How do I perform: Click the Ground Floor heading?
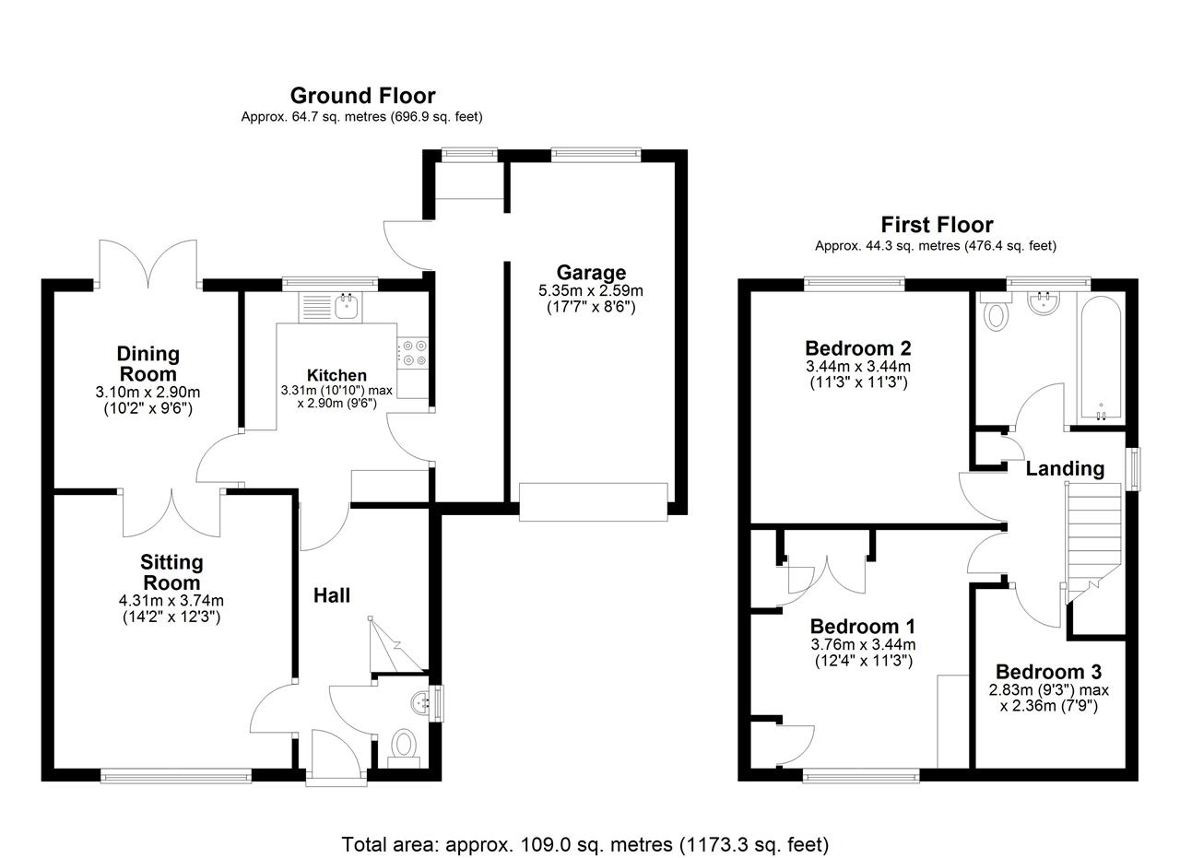coord(363,96)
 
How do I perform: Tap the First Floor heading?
coord(938,225)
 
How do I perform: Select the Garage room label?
coord(591,272)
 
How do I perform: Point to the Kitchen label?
coord(336,375)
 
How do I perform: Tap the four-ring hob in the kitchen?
coord(414,353)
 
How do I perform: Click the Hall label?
coord(332,595)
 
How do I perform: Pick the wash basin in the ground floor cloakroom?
coord(421,703)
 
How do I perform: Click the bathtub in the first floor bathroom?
coord(1101,358)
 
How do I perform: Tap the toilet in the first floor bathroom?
coord(996,312)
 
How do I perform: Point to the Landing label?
coord(1065,468)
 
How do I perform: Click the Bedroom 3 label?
coord(1049,672)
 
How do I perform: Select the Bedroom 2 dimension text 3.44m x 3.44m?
coord(858,366)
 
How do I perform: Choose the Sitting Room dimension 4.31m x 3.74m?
coord(171,601)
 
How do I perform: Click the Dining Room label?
coord(148,364)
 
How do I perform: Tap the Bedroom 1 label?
coord(862,627)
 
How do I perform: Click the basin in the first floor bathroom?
coord(1044,304)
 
